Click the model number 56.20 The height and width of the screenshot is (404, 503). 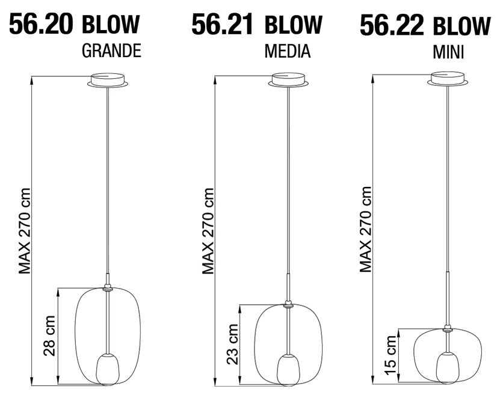coord(40,25)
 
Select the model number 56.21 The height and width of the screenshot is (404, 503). coord(224,25)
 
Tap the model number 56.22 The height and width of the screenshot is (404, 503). coord(392,26)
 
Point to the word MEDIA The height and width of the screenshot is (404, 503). coord(287,52)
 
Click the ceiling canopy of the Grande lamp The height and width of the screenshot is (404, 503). coord(107,80)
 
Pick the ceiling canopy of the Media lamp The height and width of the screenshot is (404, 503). coord(288,80)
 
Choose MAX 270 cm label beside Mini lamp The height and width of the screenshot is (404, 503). coord(365,230)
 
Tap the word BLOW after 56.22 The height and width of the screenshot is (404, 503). coord(461,26)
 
